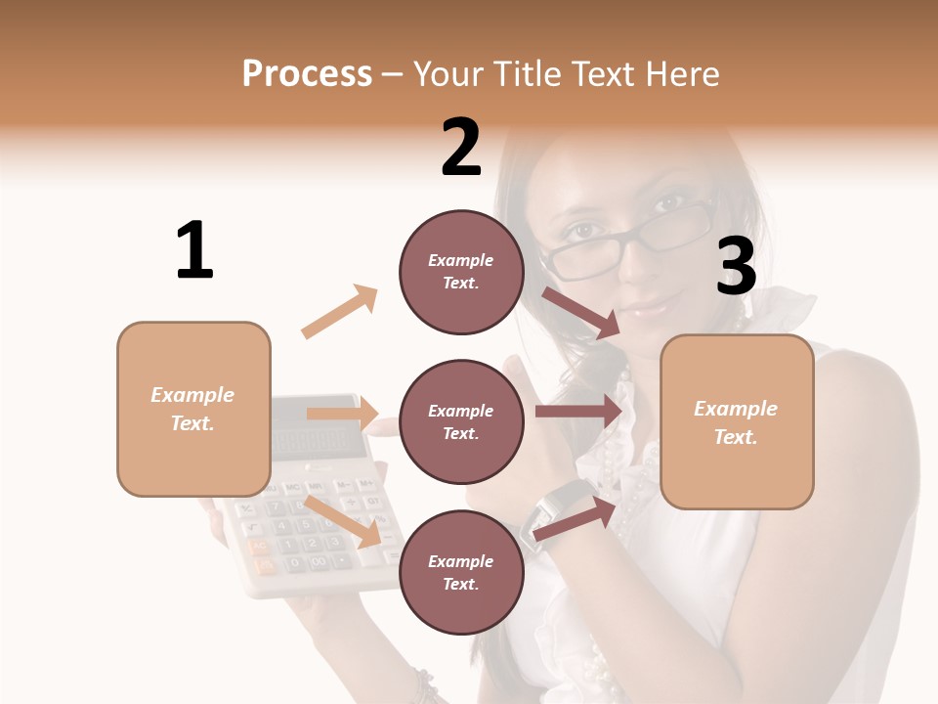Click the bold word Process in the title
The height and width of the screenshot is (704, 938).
coord(307,73)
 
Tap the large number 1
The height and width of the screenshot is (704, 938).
coord(194,250)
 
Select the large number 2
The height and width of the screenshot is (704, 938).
coord(461,149)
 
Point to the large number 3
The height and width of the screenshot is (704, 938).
coord(736,267)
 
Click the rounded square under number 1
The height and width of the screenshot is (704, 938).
coord(193,409)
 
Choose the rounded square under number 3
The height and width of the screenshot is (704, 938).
coord(737,421)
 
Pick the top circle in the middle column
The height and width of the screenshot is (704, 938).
coord(461,272)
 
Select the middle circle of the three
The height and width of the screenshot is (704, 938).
coord(461,421)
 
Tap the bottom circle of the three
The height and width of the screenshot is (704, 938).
coord(461,572)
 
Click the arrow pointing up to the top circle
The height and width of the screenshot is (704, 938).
coord(340,312)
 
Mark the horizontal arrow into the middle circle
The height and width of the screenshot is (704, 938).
coord(342,414)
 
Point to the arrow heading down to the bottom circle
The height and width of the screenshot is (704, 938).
coord(342,521)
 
